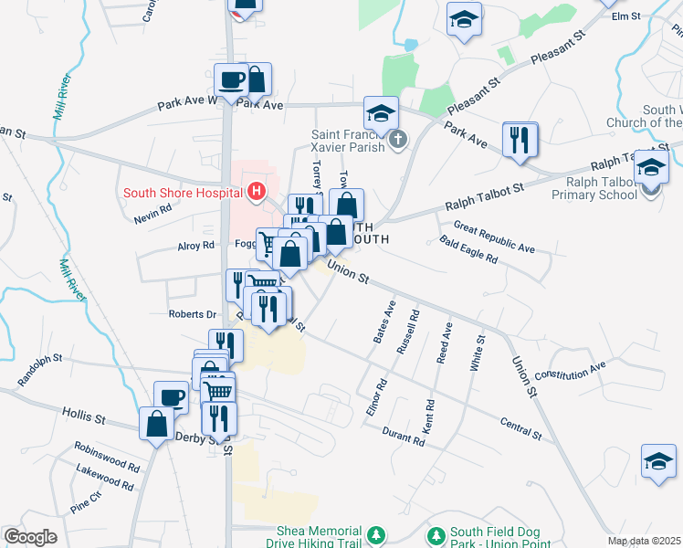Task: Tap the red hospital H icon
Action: pos(257,192)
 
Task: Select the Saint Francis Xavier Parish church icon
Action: pos(396,141)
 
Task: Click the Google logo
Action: pos(30,537)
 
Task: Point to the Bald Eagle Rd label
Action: pos(468,250)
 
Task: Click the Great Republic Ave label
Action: pos(494,236)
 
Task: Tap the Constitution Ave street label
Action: pos(570,372)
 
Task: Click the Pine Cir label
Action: pos(85,501)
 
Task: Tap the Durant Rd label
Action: pos(404,437)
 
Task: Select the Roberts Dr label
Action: pos(191,314)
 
